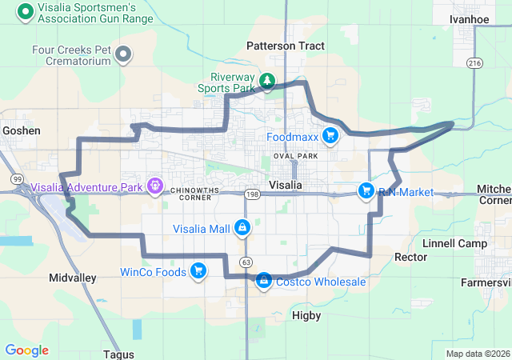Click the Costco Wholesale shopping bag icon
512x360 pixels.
(264, 281)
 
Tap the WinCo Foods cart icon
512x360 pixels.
(197, 271)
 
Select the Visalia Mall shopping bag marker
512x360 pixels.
(242, 228)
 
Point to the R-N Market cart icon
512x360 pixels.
(366, 190)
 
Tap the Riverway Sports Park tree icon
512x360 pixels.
(267, 81)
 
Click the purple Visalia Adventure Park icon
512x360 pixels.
(154, 187)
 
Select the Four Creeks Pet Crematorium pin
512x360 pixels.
(123, 54)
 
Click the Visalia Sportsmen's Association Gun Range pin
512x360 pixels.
(25, 11)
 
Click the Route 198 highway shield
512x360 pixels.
(252, 194)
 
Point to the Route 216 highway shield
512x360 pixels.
(475, 62)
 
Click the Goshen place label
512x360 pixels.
(22, 130)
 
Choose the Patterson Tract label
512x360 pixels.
(286, 46)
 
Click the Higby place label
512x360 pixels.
(306, 316)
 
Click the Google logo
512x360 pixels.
(26, 350)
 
